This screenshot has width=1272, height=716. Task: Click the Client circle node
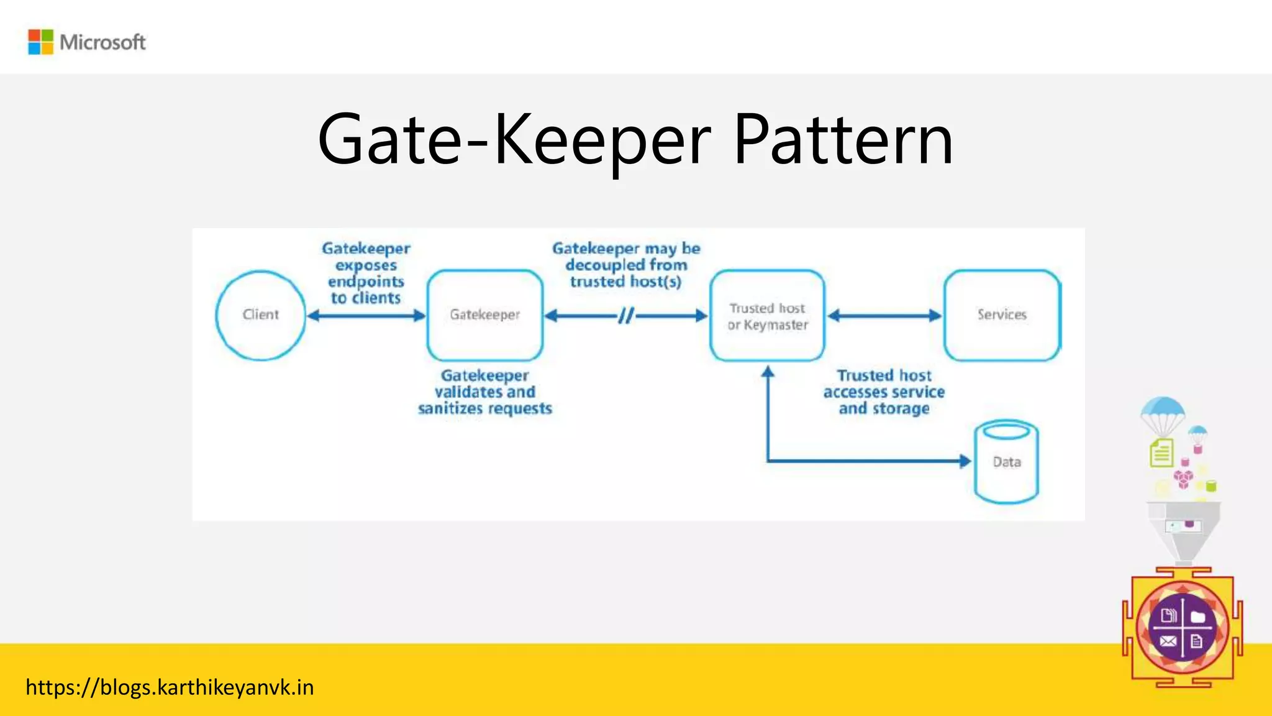tap(261, 315)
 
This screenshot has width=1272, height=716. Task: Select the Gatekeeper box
tap(485, 315)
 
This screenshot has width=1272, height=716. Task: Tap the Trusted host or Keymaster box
tap(768, 316)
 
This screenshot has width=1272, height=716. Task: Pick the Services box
tap(1002, 315)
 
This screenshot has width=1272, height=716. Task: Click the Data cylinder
tap(1006, 462)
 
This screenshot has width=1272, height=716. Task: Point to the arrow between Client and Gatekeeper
tap(366, 316)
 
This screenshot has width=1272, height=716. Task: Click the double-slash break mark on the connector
tap(626, 316)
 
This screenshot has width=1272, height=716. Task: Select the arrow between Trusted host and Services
tap(884, 316)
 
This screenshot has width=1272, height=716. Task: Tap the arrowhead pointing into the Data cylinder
tap(965, 461)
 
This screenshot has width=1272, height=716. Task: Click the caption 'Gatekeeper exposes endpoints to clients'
tap(366, 273)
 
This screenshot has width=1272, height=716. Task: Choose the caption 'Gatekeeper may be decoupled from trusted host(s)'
tap(626, 265)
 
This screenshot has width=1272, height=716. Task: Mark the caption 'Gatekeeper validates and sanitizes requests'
tap(485, 392)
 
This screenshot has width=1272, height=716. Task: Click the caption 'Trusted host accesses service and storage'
tap(884, 392)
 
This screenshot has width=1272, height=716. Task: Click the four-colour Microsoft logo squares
tap(41, 42)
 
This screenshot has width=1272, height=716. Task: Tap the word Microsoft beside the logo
tap(102, 42)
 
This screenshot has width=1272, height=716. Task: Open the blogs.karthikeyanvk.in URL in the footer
tap(170, 687)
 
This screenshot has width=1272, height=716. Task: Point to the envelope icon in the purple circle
tap(1168, 641)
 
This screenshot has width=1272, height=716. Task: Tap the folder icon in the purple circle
tap(1198, 617)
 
